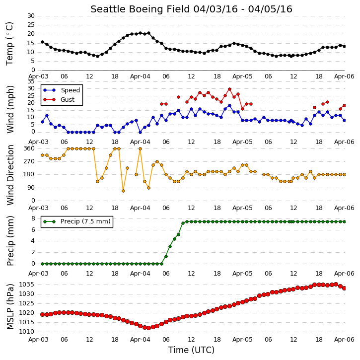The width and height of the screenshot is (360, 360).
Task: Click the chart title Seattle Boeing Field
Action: (x=140, y=9)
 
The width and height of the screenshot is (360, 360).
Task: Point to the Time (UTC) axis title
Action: (x=191, y=350)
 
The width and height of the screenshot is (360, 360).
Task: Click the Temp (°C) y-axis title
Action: (x=10, y=44)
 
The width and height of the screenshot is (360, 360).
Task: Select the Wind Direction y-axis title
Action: (x=10, y=175)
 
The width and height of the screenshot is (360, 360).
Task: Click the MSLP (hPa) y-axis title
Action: (x=10, y=306)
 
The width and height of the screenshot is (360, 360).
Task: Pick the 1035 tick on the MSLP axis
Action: (x=26, y=285)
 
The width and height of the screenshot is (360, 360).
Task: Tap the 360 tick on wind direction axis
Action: (x=29, y=148)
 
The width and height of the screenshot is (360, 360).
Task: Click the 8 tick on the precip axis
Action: (x=33, y=218)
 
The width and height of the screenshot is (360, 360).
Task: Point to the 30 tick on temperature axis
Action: (x=31, y=16)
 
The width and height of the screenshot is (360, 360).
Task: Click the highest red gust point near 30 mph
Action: (x=229, y=89)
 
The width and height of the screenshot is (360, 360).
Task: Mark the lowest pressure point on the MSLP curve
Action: (x=148, y=328)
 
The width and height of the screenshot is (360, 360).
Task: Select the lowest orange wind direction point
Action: (x=123, y=191)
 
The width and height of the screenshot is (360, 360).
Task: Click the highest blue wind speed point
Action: (x=229, y=106)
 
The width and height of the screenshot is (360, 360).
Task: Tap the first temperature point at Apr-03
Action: (x=43, y=42)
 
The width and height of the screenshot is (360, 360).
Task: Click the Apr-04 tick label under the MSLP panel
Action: (x=140, y=339)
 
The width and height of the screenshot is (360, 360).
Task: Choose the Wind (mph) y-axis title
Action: (x=10, y=109)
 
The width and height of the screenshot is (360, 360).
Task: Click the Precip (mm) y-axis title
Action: (x=10, y=241)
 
